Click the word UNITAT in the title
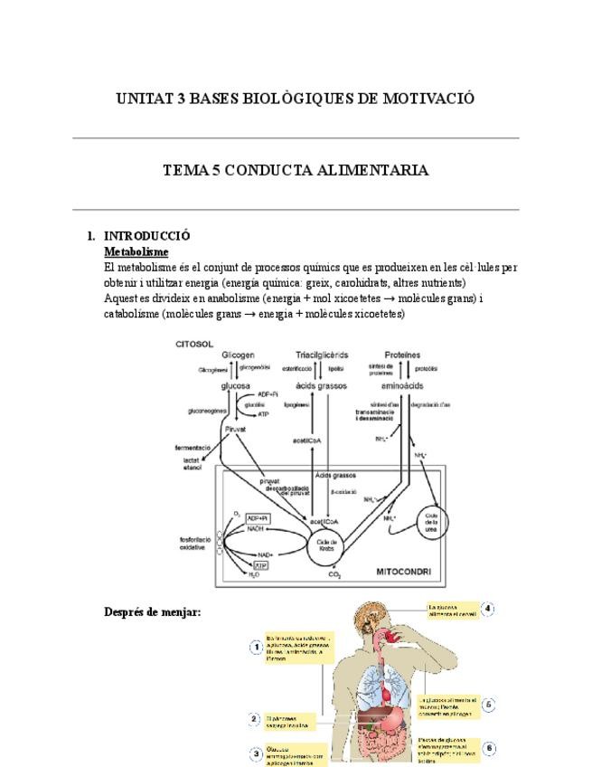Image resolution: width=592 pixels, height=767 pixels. coord(143,98)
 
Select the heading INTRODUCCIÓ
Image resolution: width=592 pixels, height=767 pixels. coord(147,236)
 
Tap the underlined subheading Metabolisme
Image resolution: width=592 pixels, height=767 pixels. coord(136,251)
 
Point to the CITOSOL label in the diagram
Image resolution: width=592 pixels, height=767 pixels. coord(193,345)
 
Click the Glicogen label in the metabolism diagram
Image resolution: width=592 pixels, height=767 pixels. coord(238,355)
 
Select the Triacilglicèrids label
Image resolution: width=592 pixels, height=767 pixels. coord(322,355)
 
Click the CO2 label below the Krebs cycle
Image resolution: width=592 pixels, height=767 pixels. coord(334,575)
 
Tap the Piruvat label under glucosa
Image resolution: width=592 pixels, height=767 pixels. coord(235,430)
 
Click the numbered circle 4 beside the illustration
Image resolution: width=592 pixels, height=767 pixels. coord(488,609)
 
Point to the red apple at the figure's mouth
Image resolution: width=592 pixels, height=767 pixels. coord(390,637)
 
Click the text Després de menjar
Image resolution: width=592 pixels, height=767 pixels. coord(153,612)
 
